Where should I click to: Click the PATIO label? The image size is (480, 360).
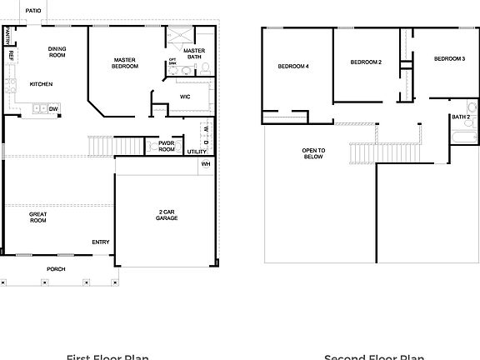(x=34, y=11)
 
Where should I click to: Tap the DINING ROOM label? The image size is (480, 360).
(x=57, y=52)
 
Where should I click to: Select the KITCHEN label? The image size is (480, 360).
(x=42, y=84)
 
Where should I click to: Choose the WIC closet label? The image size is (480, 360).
(x=185, y=97)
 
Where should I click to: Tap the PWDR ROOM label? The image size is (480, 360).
(x=167, y=146)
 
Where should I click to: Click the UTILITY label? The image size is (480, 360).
(x=197, y=152)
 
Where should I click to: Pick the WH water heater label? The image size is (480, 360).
(x=205, y=164)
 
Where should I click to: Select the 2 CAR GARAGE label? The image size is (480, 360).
(x=167, y=215)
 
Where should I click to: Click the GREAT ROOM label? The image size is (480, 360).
(x=38, y=217)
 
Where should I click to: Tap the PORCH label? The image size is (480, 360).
(x=56, y=268)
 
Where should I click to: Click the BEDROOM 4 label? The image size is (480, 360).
(x=293, y=66)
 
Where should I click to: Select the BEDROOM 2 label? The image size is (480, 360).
(x=365, y=62)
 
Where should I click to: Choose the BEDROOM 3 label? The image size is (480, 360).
(x=449, y=59)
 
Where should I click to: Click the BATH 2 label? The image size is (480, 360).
(x=461, y=117)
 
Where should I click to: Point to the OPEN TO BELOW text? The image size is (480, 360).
(x=313, y=153)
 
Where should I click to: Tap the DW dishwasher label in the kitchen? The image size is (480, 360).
(x=53, y=108)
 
